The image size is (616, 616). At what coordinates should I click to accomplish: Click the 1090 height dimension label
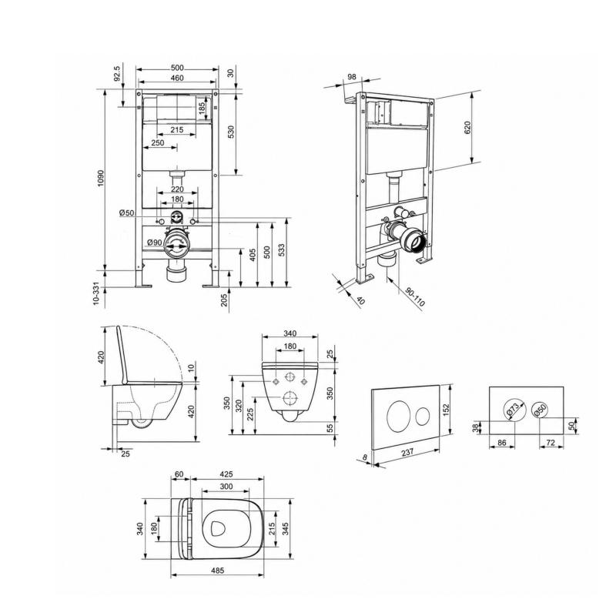pyautogui.click(x=101, y=178)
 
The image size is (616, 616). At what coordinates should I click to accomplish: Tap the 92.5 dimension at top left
pyautogui.click(x=117, y=74)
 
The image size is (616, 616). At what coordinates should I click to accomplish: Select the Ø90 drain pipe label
pyautogui.click(x=155, y=243)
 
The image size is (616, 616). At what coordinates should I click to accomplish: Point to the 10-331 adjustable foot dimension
pyautogui.click(x=96, y=296)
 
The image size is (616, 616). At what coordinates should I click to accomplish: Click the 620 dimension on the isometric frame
pyautogui.click(x=467, y=128)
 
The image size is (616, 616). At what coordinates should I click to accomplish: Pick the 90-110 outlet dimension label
pyautogui.click(x=415, y=297)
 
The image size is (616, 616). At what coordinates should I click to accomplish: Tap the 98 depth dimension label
pyautogui.click(x=352, y=76)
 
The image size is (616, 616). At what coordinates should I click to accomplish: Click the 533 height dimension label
pyautogui.click(x=281, y=250)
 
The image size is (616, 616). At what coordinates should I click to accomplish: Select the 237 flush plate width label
pyautogui.click(x=407, y=453)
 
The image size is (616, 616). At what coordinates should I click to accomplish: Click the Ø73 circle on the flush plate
pyautogui.click(x=514, y=410)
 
